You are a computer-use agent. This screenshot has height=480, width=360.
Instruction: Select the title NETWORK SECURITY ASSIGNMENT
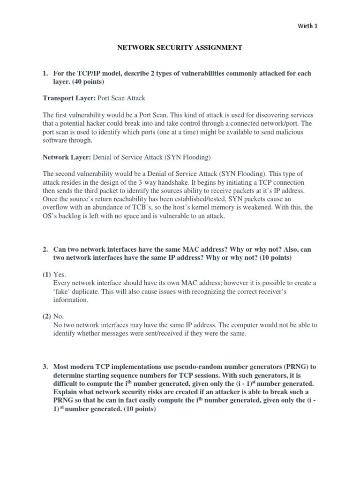pos(179,47)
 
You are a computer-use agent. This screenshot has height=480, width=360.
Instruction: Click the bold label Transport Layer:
pos(68,98)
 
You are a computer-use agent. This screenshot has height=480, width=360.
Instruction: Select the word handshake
pos(199,182)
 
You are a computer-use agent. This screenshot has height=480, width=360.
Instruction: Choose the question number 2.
pos(45,249)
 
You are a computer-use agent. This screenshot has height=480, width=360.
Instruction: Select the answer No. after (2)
pos(59,316)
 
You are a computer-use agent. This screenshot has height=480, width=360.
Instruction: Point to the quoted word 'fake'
pos(63,292)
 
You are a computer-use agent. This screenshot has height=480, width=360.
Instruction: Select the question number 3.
pos(45,366)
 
